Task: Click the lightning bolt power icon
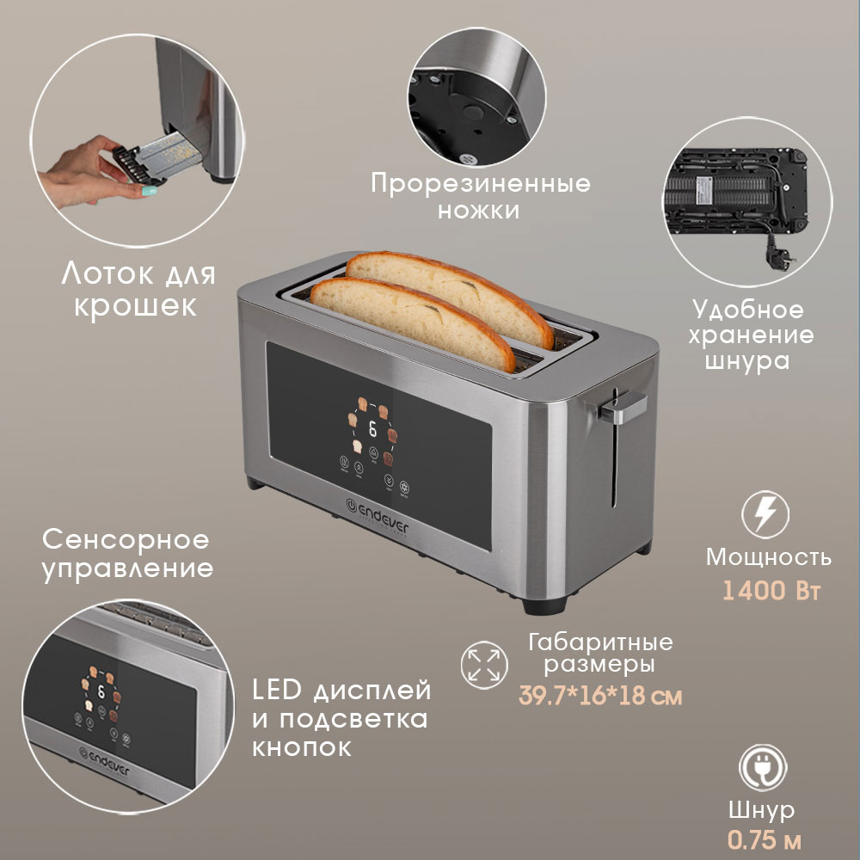[765, 514]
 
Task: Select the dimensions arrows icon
[482, 663]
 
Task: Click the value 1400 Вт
[768, 592]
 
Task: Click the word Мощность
[768, 557]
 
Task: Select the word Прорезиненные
[481, 183]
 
